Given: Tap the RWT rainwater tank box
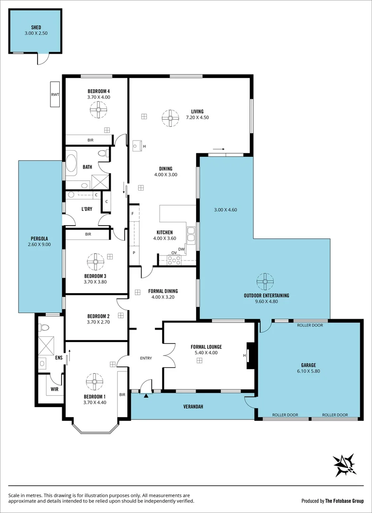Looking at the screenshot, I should point(55,95).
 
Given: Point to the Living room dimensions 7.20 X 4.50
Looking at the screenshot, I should point(197,117).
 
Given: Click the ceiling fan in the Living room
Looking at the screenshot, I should point(169,118).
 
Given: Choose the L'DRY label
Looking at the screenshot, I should point(86,209).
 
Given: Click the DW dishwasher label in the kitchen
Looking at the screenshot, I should point(181,249).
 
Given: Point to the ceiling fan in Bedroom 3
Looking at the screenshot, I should point(95,261).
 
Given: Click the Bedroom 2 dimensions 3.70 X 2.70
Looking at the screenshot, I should point(98,322).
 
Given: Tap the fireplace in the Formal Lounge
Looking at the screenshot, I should point(251,355).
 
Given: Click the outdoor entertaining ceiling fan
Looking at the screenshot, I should point(265,282).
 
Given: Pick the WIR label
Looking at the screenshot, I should point(55,389).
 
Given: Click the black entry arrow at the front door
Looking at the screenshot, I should point(146,395).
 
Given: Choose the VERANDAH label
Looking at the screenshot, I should point(193,407).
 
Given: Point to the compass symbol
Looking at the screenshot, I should point(345,465).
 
